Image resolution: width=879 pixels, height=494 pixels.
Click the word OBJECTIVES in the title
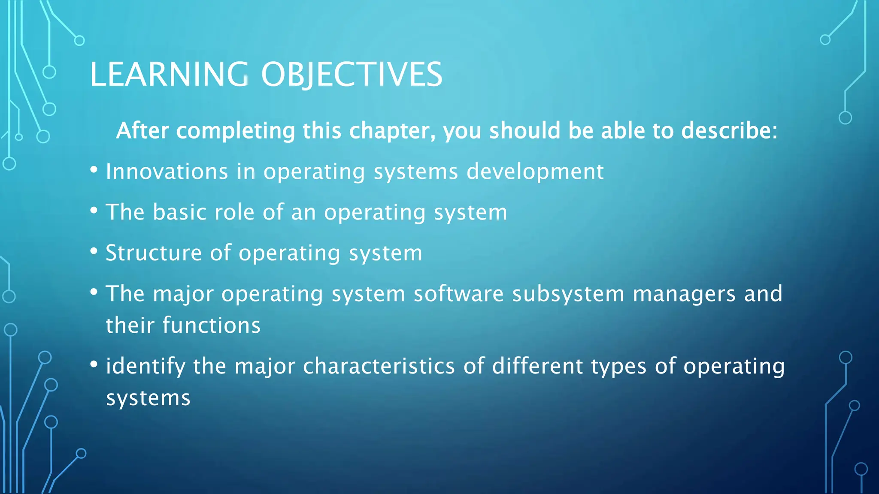[352, 75]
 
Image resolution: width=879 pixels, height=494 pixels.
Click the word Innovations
[167, 172]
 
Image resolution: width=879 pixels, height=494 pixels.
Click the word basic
[180, 212]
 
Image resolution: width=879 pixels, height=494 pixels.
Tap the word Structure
[154, 253]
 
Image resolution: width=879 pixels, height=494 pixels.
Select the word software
[458, 294]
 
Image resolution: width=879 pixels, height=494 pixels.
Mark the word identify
[146, 367]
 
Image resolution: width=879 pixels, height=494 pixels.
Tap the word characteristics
[379, 367]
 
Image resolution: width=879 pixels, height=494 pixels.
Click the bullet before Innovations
[94, 170]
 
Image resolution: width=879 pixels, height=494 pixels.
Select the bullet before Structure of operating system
[94, 251]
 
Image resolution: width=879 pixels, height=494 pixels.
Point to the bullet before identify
[94, 364]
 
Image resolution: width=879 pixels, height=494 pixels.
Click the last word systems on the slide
[148, 399]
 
